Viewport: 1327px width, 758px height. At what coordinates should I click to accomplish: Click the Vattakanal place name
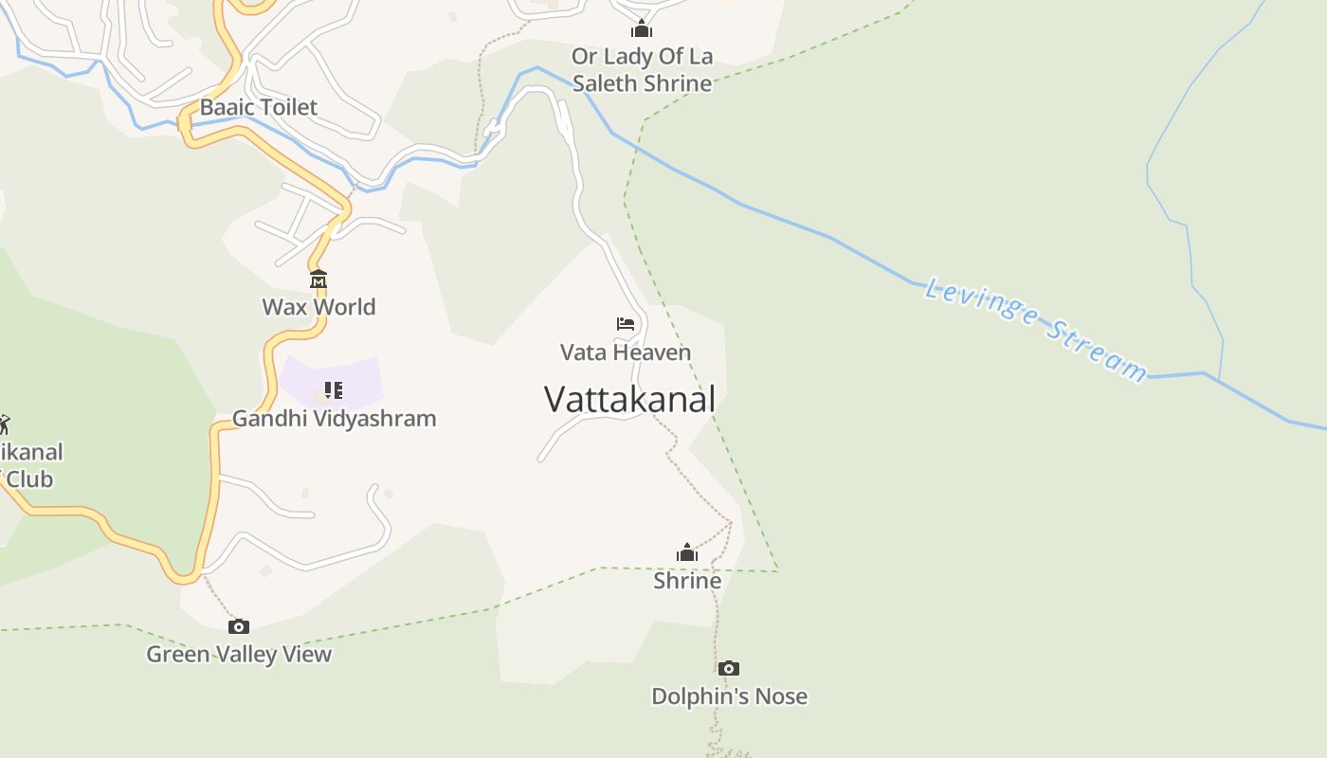click(x=629, y=399)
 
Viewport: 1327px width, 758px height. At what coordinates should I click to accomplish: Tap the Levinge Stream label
click(x=1036, y=328)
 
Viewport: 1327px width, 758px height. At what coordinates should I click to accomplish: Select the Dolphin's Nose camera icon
click(x=728, y=669)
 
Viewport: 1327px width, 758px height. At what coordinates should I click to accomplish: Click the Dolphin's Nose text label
click(x=729, y=696)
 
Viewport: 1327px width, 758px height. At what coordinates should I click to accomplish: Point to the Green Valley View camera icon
click(x=239, y=626)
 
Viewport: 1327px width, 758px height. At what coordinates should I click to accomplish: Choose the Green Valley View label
click(x=239, y=654)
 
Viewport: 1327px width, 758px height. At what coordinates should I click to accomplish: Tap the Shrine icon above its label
click(x=687, y=552)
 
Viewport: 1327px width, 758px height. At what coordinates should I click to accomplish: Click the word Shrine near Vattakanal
click(x=687, y=580)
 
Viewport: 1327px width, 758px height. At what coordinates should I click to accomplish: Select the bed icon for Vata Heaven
click(x=625, y=324)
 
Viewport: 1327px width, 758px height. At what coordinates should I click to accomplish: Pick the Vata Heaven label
click(x=626, y=352)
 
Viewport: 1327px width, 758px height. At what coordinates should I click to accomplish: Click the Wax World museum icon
click(x=318, y=280)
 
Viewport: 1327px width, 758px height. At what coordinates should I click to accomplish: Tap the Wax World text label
click(x=318, y=307)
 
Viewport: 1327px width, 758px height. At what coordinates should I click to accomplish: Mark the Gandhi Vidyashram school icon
click(x=333, y=389)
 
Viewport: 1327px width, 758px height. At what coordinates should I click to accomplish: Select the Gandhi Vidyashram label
click(x=334, y=418)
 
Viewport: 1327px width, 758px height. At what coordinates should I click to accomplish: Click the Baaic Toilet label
click(x=258, y=107)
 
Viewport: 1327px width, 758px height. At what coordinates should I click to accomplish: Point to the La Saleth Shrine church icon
click(x=642, y=28)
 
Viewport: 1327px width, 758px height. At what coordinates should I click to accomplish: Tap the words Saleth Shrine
click(x=642, y=83)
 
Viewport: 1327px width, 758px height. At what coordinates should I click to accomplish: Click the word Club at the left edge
click(x=29, y=478)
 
